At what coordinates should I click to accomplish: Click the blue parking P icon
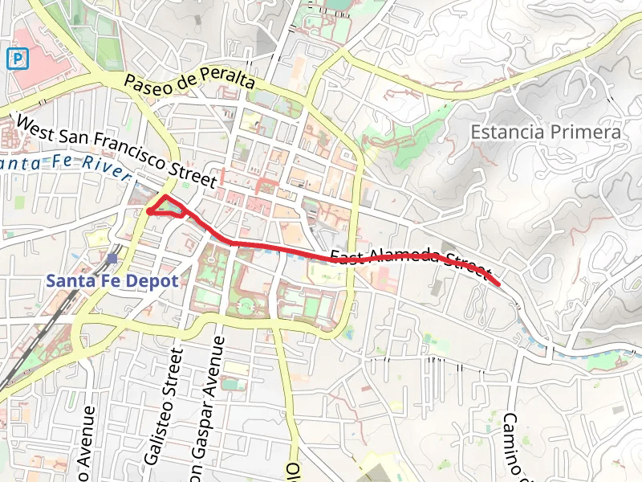click(17, 58)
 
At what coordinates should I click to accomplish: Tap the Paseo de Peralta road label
click(189, 81)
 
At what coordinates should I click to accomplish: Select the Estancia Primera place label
click(546, 132)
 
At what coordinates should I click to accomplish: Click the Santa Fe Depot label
click(112, 281)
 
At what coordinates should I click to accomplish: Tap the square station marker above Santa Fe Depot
click(112, 259)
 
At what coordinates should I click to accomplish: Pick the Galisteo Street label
click(163, 406)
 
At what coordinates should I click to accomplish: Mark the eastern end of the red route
click(499, 284)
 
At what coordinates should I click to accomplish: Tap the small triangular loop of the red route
click(168, 207)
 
